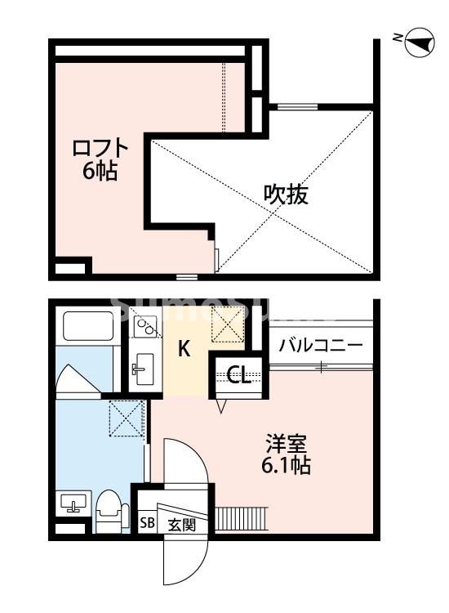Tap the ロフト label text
coord(100,148)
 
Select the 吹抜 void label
coord(286,195)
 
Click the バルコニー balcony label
coord(320,346)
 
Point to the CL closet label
coord(238,375)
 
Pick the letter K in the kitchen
coord(184,350)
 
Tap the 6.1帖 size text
coord(286,468)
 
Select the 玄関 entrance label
coord(181,524)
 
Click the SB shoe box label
coord(147,524)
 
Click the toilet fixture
coord(109,512)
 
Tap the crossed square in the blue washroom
coord(127,420)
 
